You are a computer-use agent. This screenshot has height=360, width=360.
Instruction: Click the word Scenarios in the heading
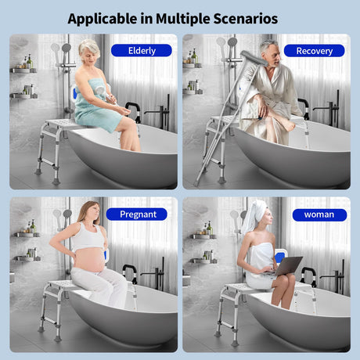coord(246,19)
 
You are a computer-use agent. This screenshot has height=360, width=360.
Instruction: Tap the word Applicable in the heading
coord(102,19)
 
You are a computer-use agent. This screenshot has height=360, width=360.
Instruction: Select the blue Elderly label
coord(142,50)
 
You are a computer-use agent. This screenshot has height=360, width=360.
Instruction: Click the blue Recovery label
coord(314,51)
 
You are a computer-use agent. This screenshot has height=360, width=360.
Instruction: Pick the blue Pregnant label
coord(137,214)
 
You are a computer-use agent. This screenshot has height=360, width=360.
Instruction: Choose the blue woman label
coord(319,214)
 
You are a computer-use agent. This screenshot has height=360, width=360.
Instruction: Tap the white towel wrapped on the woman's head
coord(254,216)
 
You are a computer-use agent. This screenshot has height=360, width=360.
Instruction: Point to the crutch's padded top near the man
coord(254,58)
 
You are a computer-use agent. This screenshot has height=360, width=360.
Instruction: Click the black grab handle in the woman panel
coord(308,276)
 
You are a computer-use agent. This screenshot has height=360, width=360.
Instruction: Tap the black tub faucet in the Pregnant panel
coord(155,273)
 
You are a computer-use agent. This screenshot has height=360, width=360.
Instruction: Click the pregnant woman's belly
coord(89,261)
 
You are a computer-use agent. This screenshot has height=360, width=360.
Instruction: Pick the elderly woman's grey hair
coord(88,49)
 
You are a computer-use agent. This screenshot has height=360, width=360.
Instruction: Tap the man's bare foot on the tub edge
coord(288,125)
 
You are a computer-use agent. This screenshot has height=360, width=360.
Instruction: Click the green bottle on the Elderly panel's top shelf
coord(30,62)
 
